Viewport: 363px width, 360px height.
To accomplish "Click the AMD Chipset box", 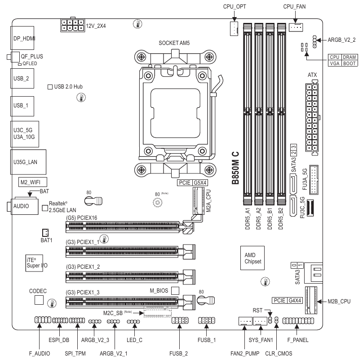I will (x=252, y=258).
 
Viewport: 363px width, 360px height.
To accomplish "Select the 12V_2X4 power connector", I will (x=73, y=26).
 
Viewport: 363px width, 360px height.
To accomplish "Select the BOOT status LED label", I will (x=349, y=64).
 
